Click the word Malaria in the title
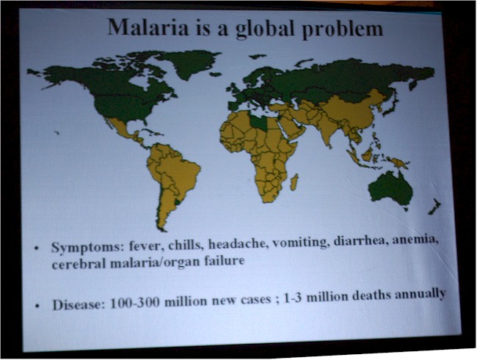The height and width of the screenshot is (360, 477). [x=148, y=27]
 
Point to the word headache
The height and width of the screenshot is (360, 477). [x=238, y=244]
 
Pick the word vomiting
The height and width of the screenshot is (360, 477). [x=300, y=243]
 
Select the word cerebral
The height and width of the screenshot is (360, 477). [x=79, y=264]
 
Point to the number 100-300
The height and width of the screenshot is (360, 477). [x=134, y=303]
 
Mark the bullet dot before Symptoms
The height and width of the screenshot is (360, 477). [x=37, y=248]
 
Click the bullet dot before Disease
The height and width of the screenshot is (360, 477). [x=37, y=306]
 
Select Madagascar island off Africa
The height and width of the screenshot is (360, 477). [x=294, y=182]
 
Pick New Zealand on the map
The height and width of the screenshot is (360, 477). [x=434, y=207]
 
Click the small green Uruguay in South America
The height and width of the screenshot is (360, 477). [x=177, y=202]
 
